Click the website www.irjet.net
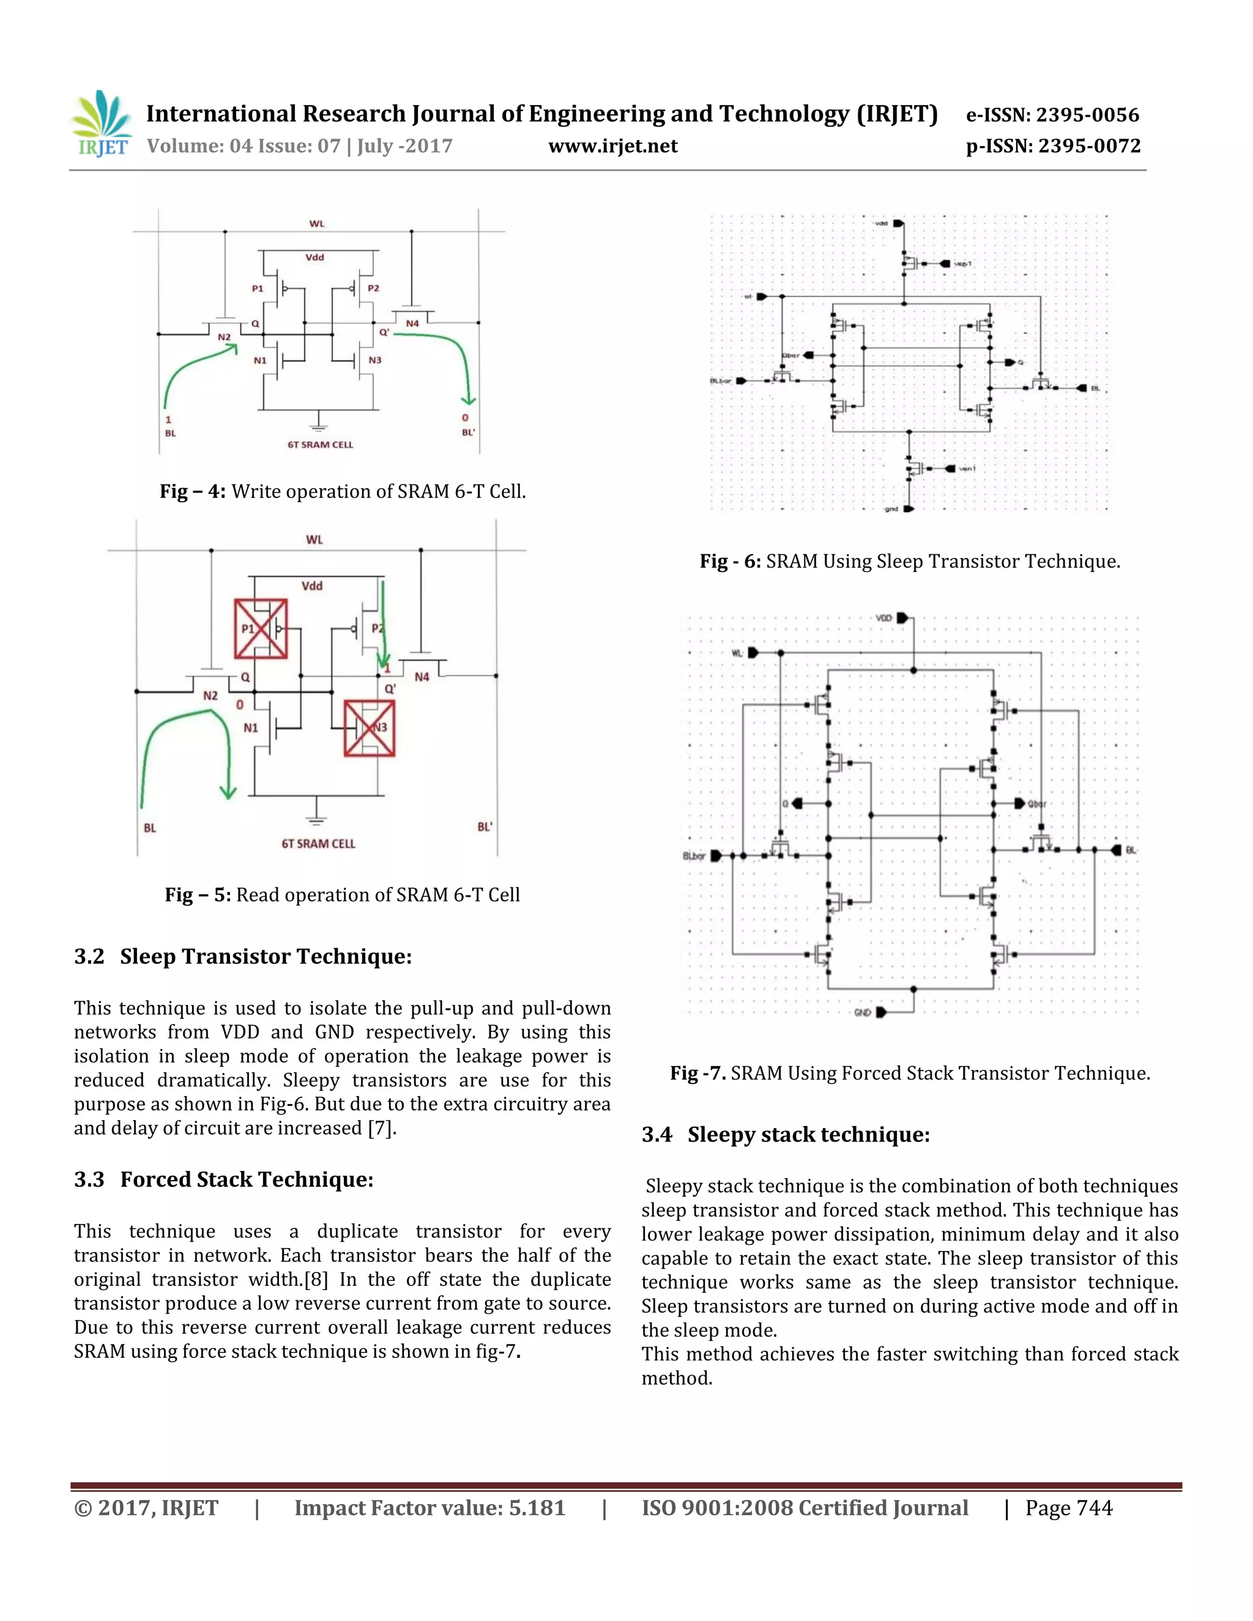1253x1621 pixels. pos(612,146)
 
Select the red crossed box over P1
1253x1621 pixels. pos(261,629)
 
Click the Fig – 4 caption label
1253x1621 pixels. pos(192,491)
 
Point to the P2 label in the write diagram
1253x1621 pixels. pos(373,288)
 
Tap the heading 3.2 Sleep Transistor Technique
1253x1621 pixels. pos(243,956)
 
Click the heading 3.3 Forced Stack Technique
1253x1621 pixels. pos(223,1179)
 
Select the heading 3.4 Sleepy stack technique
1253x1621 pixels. pos(786,1134)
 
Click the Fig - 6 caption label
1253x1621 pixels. pos(730,561)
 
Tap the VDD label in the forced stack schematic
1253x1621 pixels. pos(883,618)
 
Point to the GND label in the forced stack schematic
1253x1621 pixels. pos(862,1012)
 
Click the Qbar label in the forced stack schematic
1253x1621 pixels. pos(1037,804)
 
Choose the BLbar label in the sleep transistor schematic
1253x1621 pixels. pos(720,380)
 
